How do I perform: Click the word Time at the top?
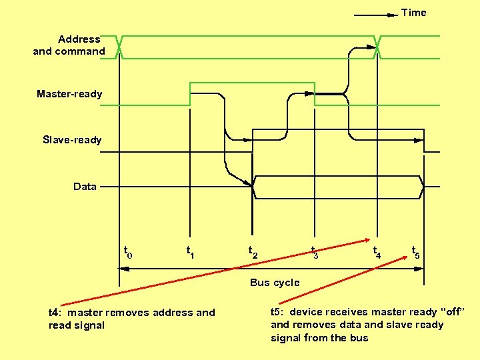coord(413,13)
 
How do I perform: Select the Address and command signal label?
coord(69,45)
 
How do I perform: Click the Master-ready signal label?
coord(69,94)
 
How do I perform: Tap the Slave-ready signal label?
coord(72,140)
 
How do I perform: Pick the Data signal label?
coord(85,187)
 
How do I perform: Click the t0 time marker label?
coord(128,252)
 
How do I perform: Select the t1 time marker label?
coord(190,252)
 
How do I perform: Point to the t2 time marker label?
coord(253,252)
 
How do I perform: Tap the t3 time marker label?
coord(315,252)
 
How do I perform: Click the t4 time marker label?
coord(377,252)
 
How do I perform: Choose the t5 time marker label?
coord(416,252)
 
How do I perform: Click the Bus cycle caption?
coord(275,283)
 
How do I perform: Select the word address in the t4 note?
coord(176,313)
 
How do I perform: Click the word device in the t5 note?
coord(306,312)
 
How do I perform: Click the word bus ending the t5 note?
coord(359,337)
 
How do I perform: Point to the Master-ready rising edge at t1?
coord(191,94)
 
